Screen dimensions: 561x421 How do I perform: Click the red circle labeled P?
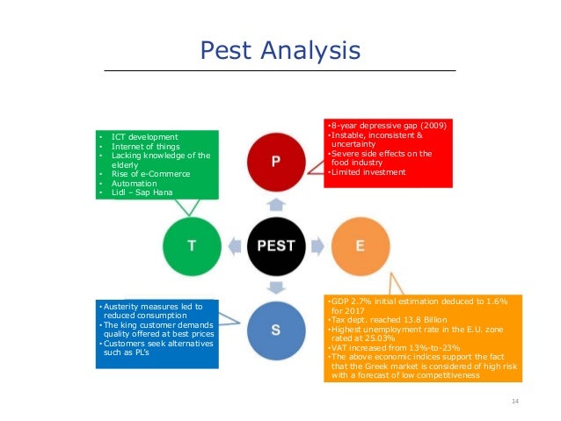pyautogui.click(x=275, y=162)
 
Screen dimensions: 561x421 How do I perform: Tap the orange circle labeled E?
pyautogui.click(x=360, y=245)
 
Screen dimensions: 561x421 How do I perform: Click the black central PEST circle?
pyautogui.click(x=275, y=245)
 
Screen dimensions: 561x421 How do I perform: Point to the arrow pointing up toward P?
pyautogui.click(x=276, y=204)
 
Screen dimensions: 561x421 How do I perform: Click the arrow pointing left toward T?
pyautogui.click(x=235, y=245)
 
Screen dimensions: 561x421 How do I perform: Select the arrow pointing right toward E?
pyautogui.click(x=317, y=245)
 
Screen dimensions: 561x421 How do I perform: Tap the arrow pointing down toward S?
pyautogui.click(x=276, y=287)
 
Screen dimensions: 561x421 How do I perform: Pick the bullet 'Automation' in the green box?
pyautogui.click(x=133, y=182)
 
